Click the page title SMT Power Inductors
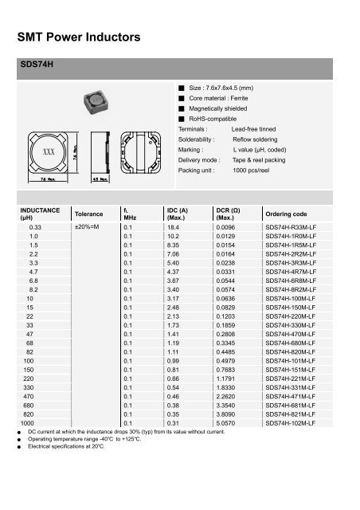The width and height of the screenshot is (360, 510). pyautogui.click(x=79, y=37)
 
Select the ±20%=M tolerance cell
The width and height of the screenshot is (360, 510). pyautogui.click(x=86, y=227)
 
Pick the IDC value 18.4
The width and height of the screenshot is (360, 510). pyautogui.click(x=174, y=227)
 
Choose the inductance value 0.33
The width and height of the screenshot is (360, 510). pyautogui.click(x=33, y=227)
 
